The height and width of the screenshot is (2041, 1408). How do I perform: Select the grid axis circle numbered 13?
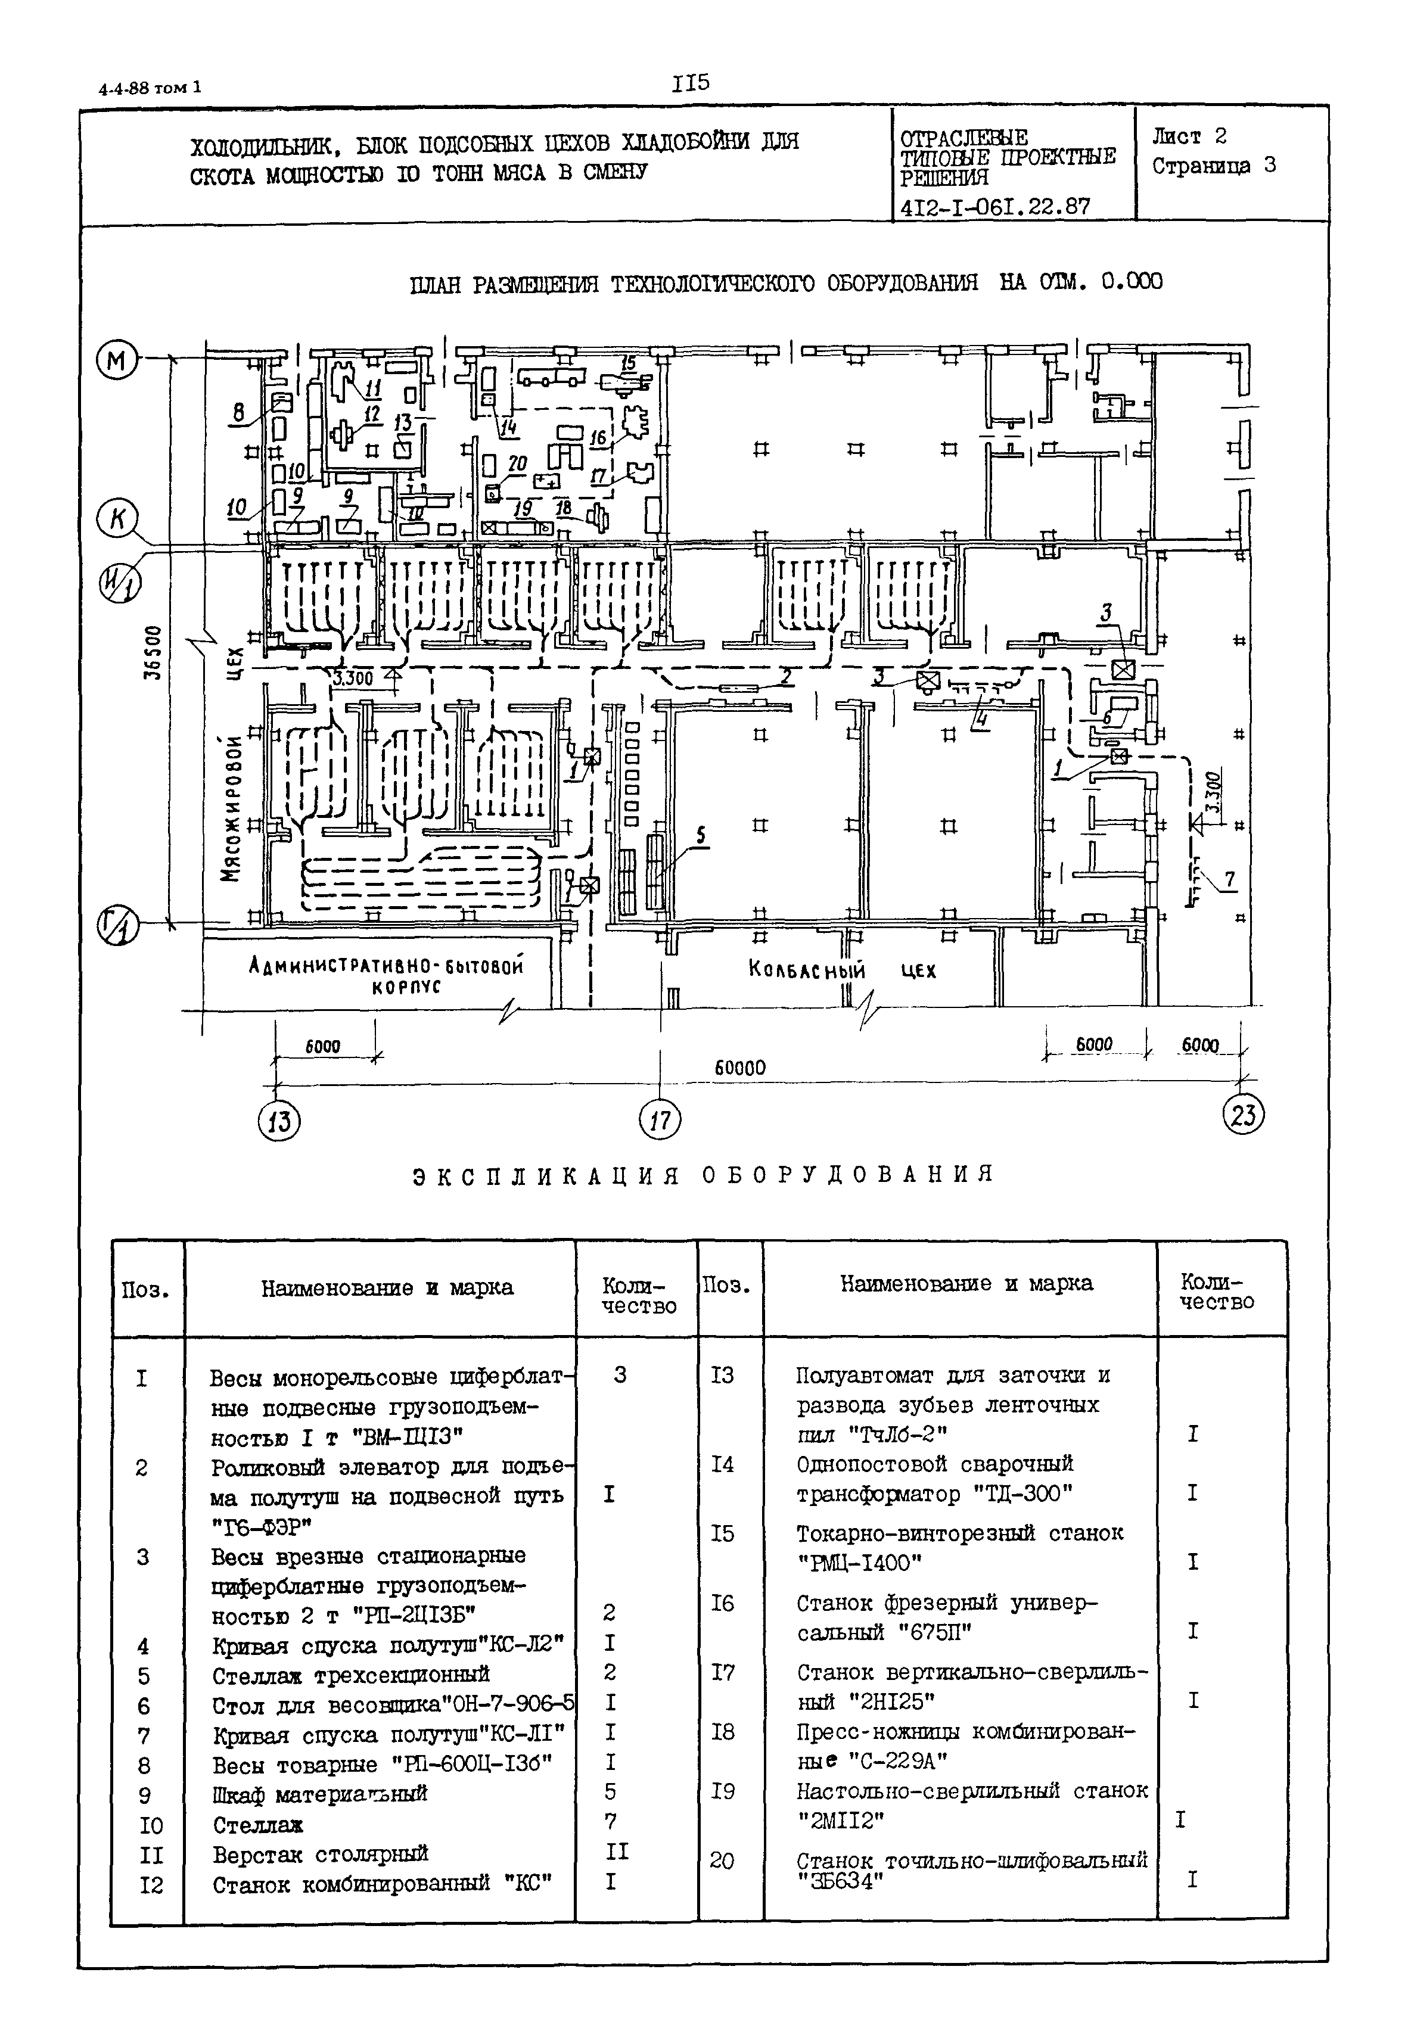[279, 1122]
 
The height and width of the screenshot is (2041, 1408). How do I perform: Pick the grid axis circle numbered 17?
[660, 1121]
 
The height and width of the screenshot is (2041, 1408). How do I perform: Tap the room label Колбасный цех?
[840, 971]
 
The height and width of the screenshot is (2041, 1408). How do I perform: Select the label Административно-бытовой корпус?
[386, 975]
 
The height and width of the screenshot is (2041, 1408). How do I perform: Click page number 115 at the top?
[690, 84]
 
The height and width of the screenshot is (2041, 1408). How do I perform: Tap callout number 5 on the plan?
[701, 835]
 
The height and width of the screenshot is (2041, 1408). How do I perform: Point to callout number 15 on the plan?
[628, 363]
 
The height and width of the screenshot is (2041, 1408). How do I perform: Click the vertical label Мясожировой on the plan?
[231, 808]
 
